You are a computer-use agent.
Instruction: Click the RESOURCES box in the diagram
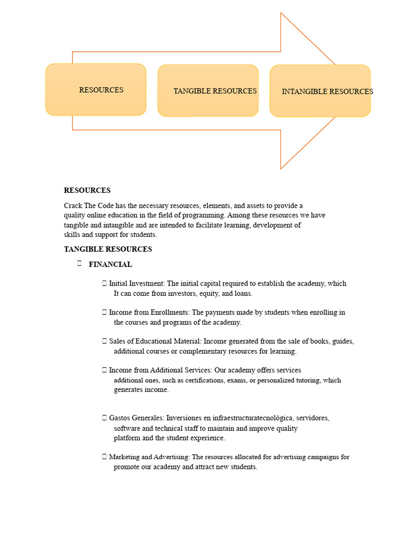tap(96, 90)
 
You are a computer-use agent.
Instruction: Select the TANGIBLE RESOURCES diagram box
tap(208, 91)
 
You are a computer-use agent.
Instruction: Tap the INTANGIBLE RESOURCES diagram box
tap(320, 91)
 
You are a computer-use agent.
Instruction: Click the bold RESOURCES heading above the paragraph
tap(87, 191)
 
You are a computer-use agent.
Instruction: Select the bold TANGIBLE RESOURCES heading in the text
tap(108, 249)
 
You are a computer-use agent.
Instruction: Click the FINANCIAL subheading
tap(110, 264)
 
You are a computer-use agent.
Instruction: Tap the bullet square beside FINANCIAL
tap(79, 264)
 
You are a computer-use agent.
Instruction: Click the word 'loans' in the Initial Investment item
tap(243, 293)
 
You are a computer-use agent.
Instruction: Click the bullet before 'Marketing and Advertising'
tap(104, 457)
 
